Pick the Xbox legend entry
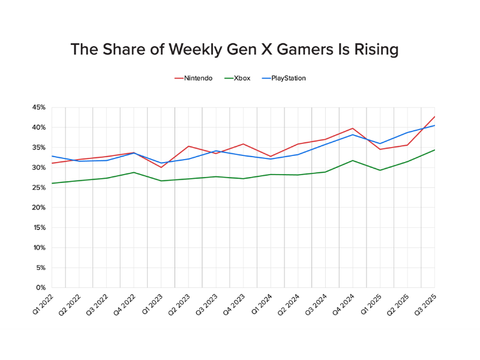[x=242, y=78]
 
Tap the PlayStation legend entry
[x=288, y=78]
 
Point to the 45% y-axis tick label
[x=38, y=107]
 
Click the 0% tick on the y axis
[x=41, y=287]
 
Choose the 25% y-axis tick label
[x=38, y=187]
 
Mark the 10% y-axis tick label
[x=38, y=247]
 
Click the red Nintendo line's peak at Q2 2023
[x=188, y=146]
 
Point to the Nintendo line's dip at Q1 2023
[x=161, y=167]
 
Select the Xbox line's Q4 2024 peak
[x=353, y=160]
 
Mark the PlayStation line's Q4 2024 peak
[x=353, y=134]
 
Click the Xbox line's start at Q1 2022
[x=52, y=183]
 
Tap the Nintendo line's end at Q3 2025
[x=434, y=116]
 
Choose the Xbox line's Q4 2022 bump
[x=133, y=172]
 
